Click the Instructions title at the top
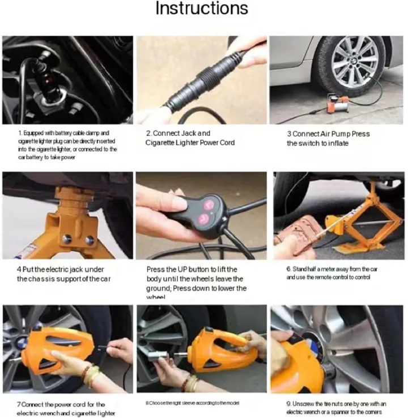coord(202,9)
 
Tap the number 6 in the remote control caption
coord(288,268)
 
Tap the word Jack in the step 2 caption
coord(186,134)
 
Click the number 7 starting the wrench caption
coord(18,404)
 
